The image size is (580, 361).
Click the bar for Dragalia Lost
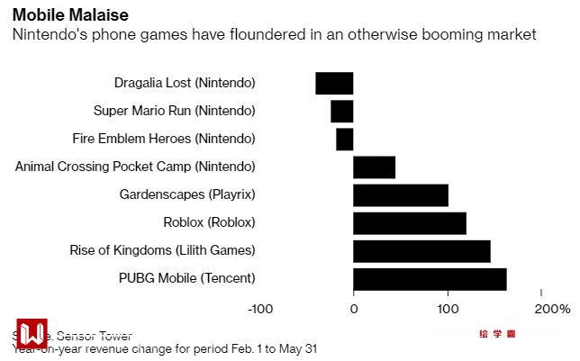click(x=334, y=83)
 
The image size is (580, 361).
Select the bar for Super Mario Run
click(x=342, y=111)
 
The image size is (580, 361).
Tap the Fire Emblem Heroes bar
click(x=345, y=140)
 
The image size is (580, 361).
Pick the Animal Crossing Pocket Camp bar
click(x=374, y=167)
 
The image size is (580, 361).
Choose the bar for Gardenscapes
click(x=401, y=195)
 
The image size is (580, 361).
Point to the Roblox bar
click(x=410, y=223)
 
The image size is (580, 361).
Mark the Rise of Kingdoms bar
click(x=421, y=251)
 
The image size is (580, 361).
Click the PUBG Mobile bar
click(x=430, y=279)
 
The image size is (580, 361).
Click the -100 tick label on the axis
click(x=260, y=309)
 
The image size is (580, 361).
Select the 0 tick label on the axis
click(x=353, y=309)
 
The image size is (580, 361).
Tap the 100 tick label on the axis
click(x=448, y=309)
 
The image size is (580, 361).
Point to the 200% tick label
click(x=551, y=309)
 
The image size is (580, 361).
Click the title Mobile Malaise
click(x=70, y=14)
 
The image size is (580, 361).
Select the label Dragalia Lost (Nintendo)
click(x=185, y=83)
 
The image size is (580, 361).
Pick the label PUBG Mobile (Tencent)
click(x=187, y=279)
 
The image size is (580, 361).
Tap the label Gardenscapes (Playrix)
click(x=187, y=195)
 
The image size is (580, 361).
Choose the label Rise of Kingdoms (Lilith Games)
click(x=163, y=251)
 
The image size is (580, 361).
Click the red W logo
click(x=32, y=334)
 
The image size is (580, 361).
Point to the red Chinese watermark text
click(x=497, y=334)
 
